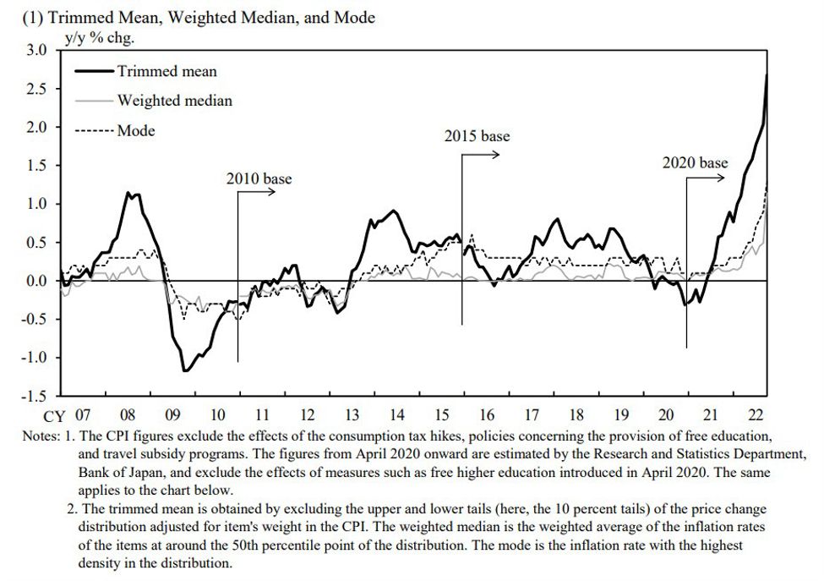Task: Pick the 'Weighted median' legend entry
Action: point(174,101)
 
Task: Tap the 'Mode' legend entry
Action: point(136,130)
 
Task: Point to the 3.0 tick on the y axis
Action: point(36,51)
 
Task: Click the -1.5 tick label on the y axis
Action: point(34,396)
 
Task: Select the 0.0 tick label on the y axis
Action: point(36,281)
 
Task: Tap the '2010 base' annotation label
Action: point(259,178)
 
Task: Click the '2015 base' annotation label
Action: point(477,136)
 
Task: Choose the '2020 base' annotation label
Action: point(696,162)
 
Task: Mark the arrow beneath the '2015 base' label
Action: point(481,155)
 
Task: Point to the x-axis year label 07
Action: point(82,415)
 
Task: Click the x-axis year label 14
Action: point(396,415)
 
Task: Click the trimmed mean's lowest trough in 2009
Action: point(183,370)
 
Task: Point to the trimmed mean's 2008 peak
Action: point(128,193)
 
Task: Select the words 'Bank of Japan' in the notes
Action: point(114,474)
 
